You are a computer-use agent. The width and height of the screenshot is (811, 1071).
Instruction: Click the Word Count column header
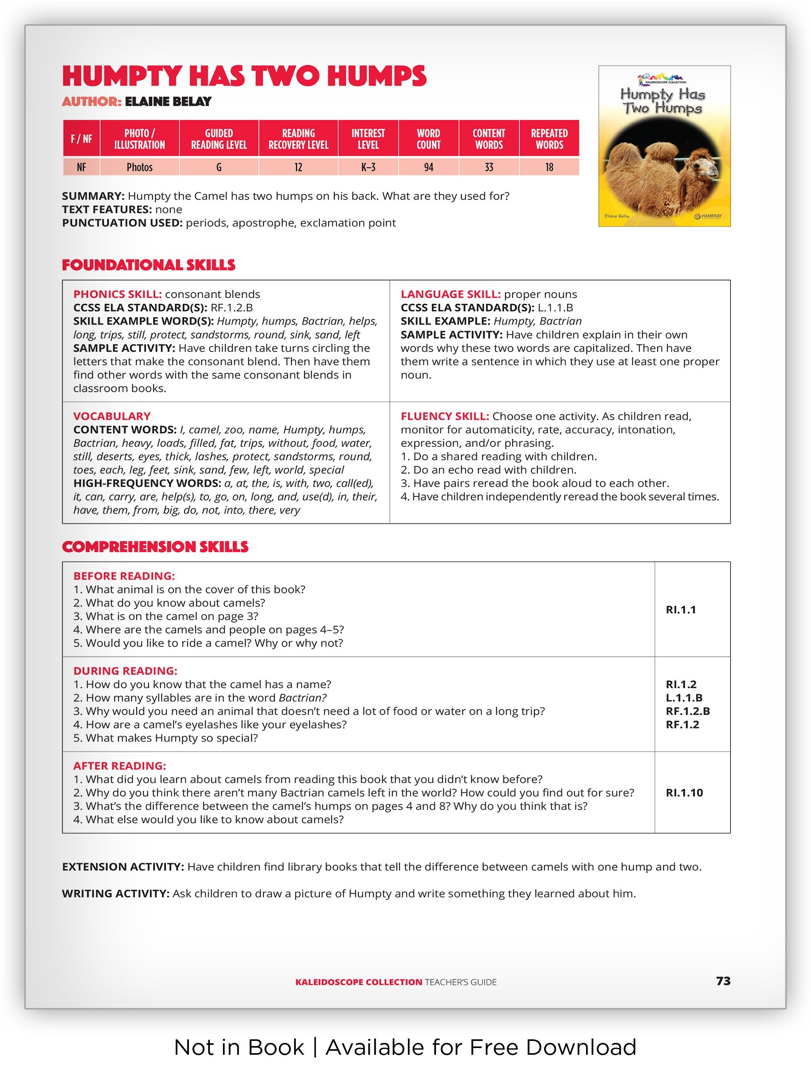[x=428, y=139]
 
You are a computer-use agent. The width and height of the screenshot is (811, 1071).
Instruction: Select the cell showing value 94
[x=428, y=167]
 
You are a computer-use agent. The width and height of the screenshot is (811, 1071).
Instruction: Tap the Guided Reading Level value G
[x=219, y=167]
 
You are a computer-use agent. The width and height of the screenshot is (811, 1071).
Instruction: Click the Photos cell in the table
[x=139, y=167]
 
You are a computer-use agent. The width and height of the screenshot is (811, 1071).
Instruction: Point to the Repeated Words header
[x=549, y=139]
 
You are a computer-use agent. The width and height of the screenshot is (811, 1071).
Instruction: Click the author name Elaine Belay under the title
[x=168, y=102]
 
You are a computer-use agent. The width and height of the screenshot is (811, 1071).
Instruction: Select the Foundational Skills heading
[x=148, y=265]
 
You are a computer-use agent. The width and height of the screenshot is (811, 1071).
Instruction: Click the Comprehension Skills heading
[x=155, y=547]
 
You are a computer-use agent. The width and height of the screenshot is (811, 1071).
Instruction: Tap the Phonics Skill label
[x=117, y=295]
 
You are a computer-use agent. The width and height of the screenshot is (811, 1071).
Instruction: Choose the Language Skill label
[x=450, y=295]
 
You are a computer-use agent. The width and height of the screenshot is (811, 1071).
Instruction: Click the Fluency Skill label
[x=444, y=417]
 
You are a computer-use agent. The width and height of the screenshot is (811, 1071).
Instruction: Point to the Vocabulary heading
[x=112, y=417]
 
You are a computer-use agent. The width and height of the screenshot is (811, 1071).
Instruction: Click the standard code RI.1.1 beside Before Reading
[x=681, y=610]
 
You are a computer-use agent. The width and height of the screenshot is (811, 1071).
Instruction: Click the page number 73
[x=723, y=981]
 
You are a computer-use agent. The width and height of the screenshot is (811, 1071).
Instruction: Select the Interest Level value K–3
[x=368, y=167]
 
